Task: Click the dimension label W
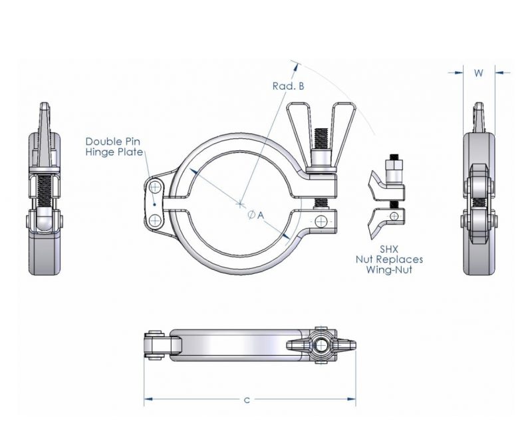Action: [x=478, y=74]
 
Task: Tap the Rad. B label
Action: [x=289, y=86]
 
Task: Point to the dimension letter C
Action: [x=247, y=400]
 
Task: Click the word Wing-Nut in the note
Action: [x=398, y=270]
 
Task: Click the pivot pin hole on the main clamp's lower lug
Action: [x=323, y=221]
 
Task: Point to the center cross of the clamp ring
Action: [x=241, y=204]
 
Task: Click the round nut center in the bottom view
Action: [x=322, y=347]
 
